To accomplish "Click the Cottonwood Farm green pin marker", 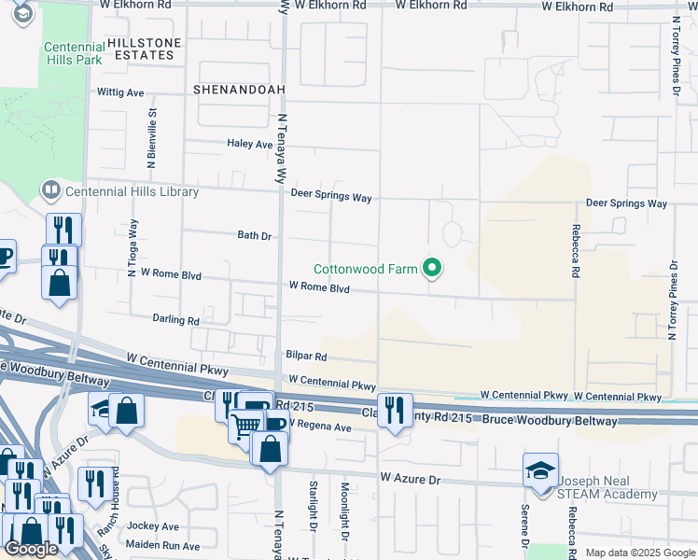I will [431, 269].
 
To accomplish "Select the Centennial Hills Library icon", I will [50, 191].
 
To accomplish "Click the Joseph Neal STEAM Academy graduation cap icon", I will [540, 471].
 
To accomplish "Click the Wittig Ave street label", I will [121, 93].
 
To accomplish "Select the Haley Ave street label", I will [250, 145].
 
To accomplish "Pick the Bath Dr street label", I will [254, 236].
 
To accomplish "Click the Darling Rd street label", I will [176, 319].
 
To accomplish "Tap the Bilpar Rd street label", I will [307, 357].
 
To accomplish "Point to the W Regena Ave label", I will [319, 426].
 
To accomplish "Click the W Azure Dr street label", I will [409, 478].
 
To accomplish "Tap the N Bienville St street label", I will [151, 137].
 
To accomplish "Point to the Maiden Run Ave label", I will [164, 546].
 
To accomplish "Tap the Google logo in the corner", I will [31, 549].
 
